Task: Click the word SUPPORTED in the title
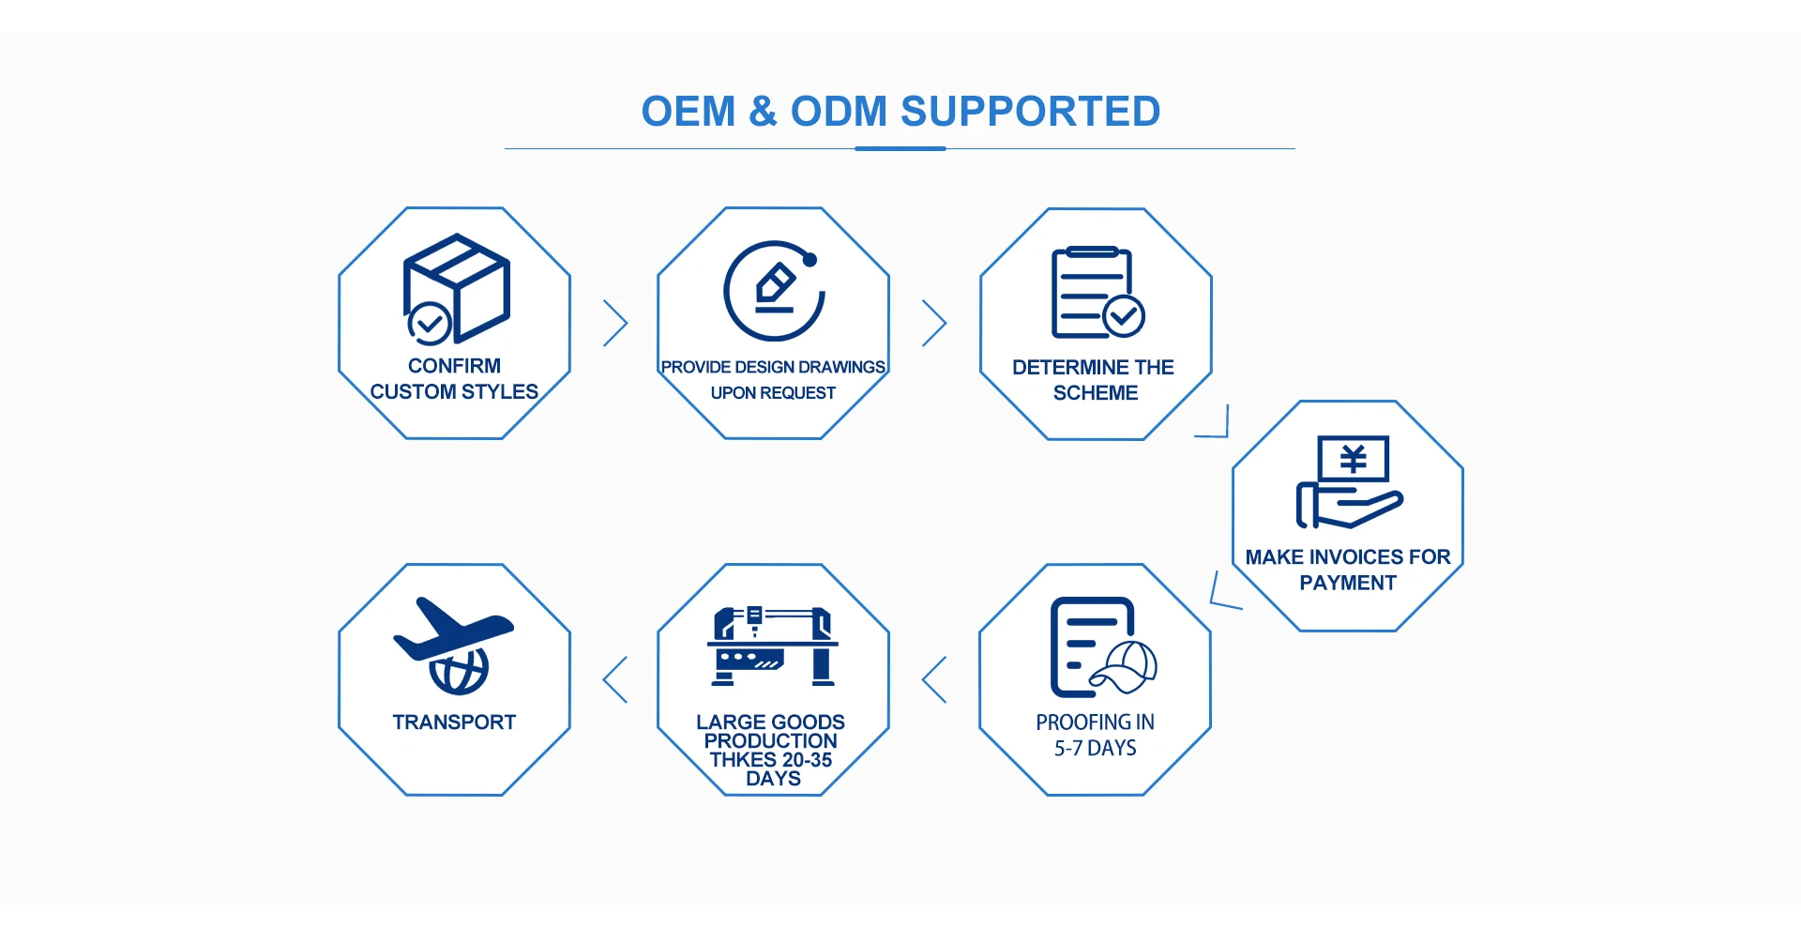pyautogui.click(x=1030, y=112)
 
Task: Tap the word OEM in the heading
pyautogui.click(x=689, y=112)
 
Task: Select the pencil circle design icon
pyautogui.click(x=774, y=291)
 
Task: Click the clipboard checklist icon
pyautogui.click(x=1096, y=292)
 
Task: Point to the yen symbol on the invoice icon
pyautogui.click(x=1353, y=459)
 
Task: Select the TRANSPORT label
pyautogui.click(x=454, y=722)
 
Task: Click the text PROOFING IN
pyautogui.click(x=1095, y=722)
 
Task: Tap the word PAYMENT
pyautogui.click(x=1348, y=583)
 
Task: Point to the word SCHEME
pyautogui.click(x=1096, y=393)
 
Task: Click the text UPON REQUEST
pyautogui.click(x=773, y=393)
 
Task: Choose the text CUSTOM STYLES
pyautogui.click(x=454, y=391)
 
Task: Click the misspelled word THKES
pyautogui.click(x=742, y=760)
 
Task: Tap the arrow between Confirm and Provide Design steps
pyautogui.click(x=615, y=323)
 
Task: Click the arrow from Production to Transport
pyautogui.click(x=615, y=679)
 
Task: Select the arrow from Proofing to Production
pyautogui.click(x=934, y=679)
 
